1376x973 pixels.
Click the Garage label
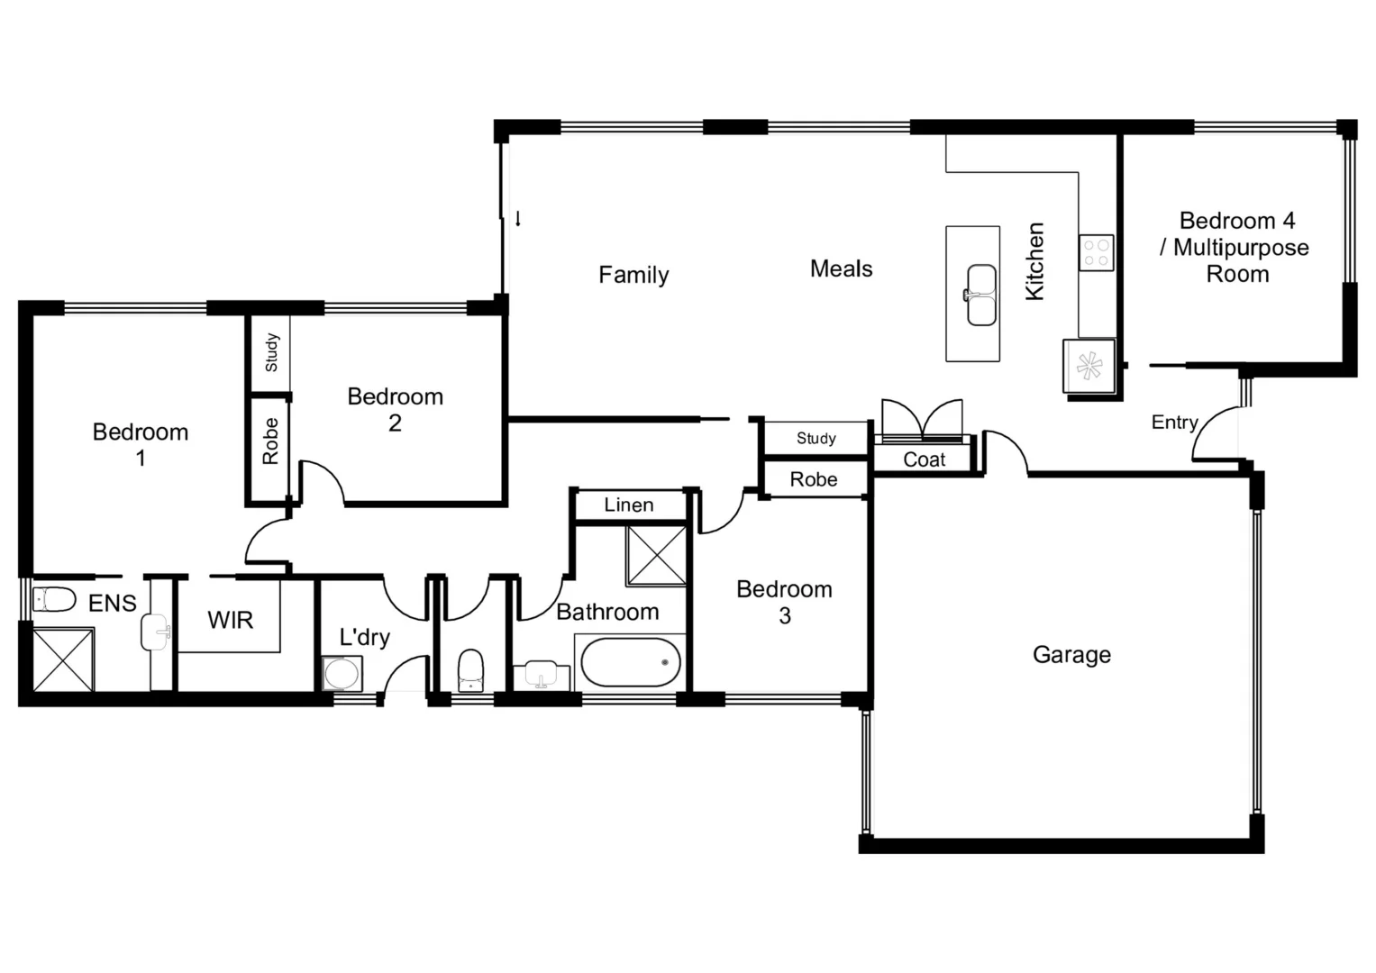click(1071, 655)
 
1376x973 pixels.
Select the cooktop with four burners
click(1097, 252)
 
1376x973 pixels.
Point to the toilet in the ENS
click(54, 599)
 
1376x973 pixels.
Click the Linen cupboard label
click(629, 505)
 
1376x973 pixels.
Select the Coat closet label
click(924, 459)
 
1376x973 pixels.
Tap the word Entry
click(1174, 423)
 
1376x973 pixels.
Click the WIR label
click(230, 620)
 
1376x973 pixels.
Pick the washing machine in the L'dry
click(342, 674)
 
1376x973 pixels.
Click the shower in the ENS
click(63, 660)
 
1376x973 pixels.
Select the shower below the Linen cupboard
click(656, 556)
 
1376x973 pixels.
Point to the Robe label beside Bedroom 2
click(270, 441)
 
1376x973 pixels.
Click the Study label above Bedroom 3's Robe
click(816, 439)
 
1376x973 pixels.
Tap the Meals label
click(841, 268)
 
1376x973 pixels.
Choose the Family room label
click(633, 275)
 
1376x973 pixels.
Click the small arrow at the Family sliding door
click(518, 218)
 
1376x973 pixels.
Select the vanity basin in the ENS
click(155, 632)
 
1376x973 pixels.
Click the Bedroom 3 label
click(784, 602)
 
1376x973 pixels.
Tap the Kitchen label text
click(1035, 261)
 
